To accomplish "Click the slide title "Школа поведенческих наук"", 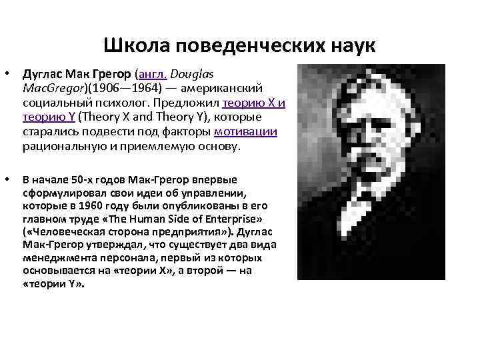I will tap(240, 45).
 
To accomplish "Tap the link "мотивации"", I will tap(252, 132).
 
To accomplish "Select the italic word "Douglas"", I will tap(207, 73).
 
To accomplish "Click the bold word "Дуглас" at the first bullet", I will tap(43, 73).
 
